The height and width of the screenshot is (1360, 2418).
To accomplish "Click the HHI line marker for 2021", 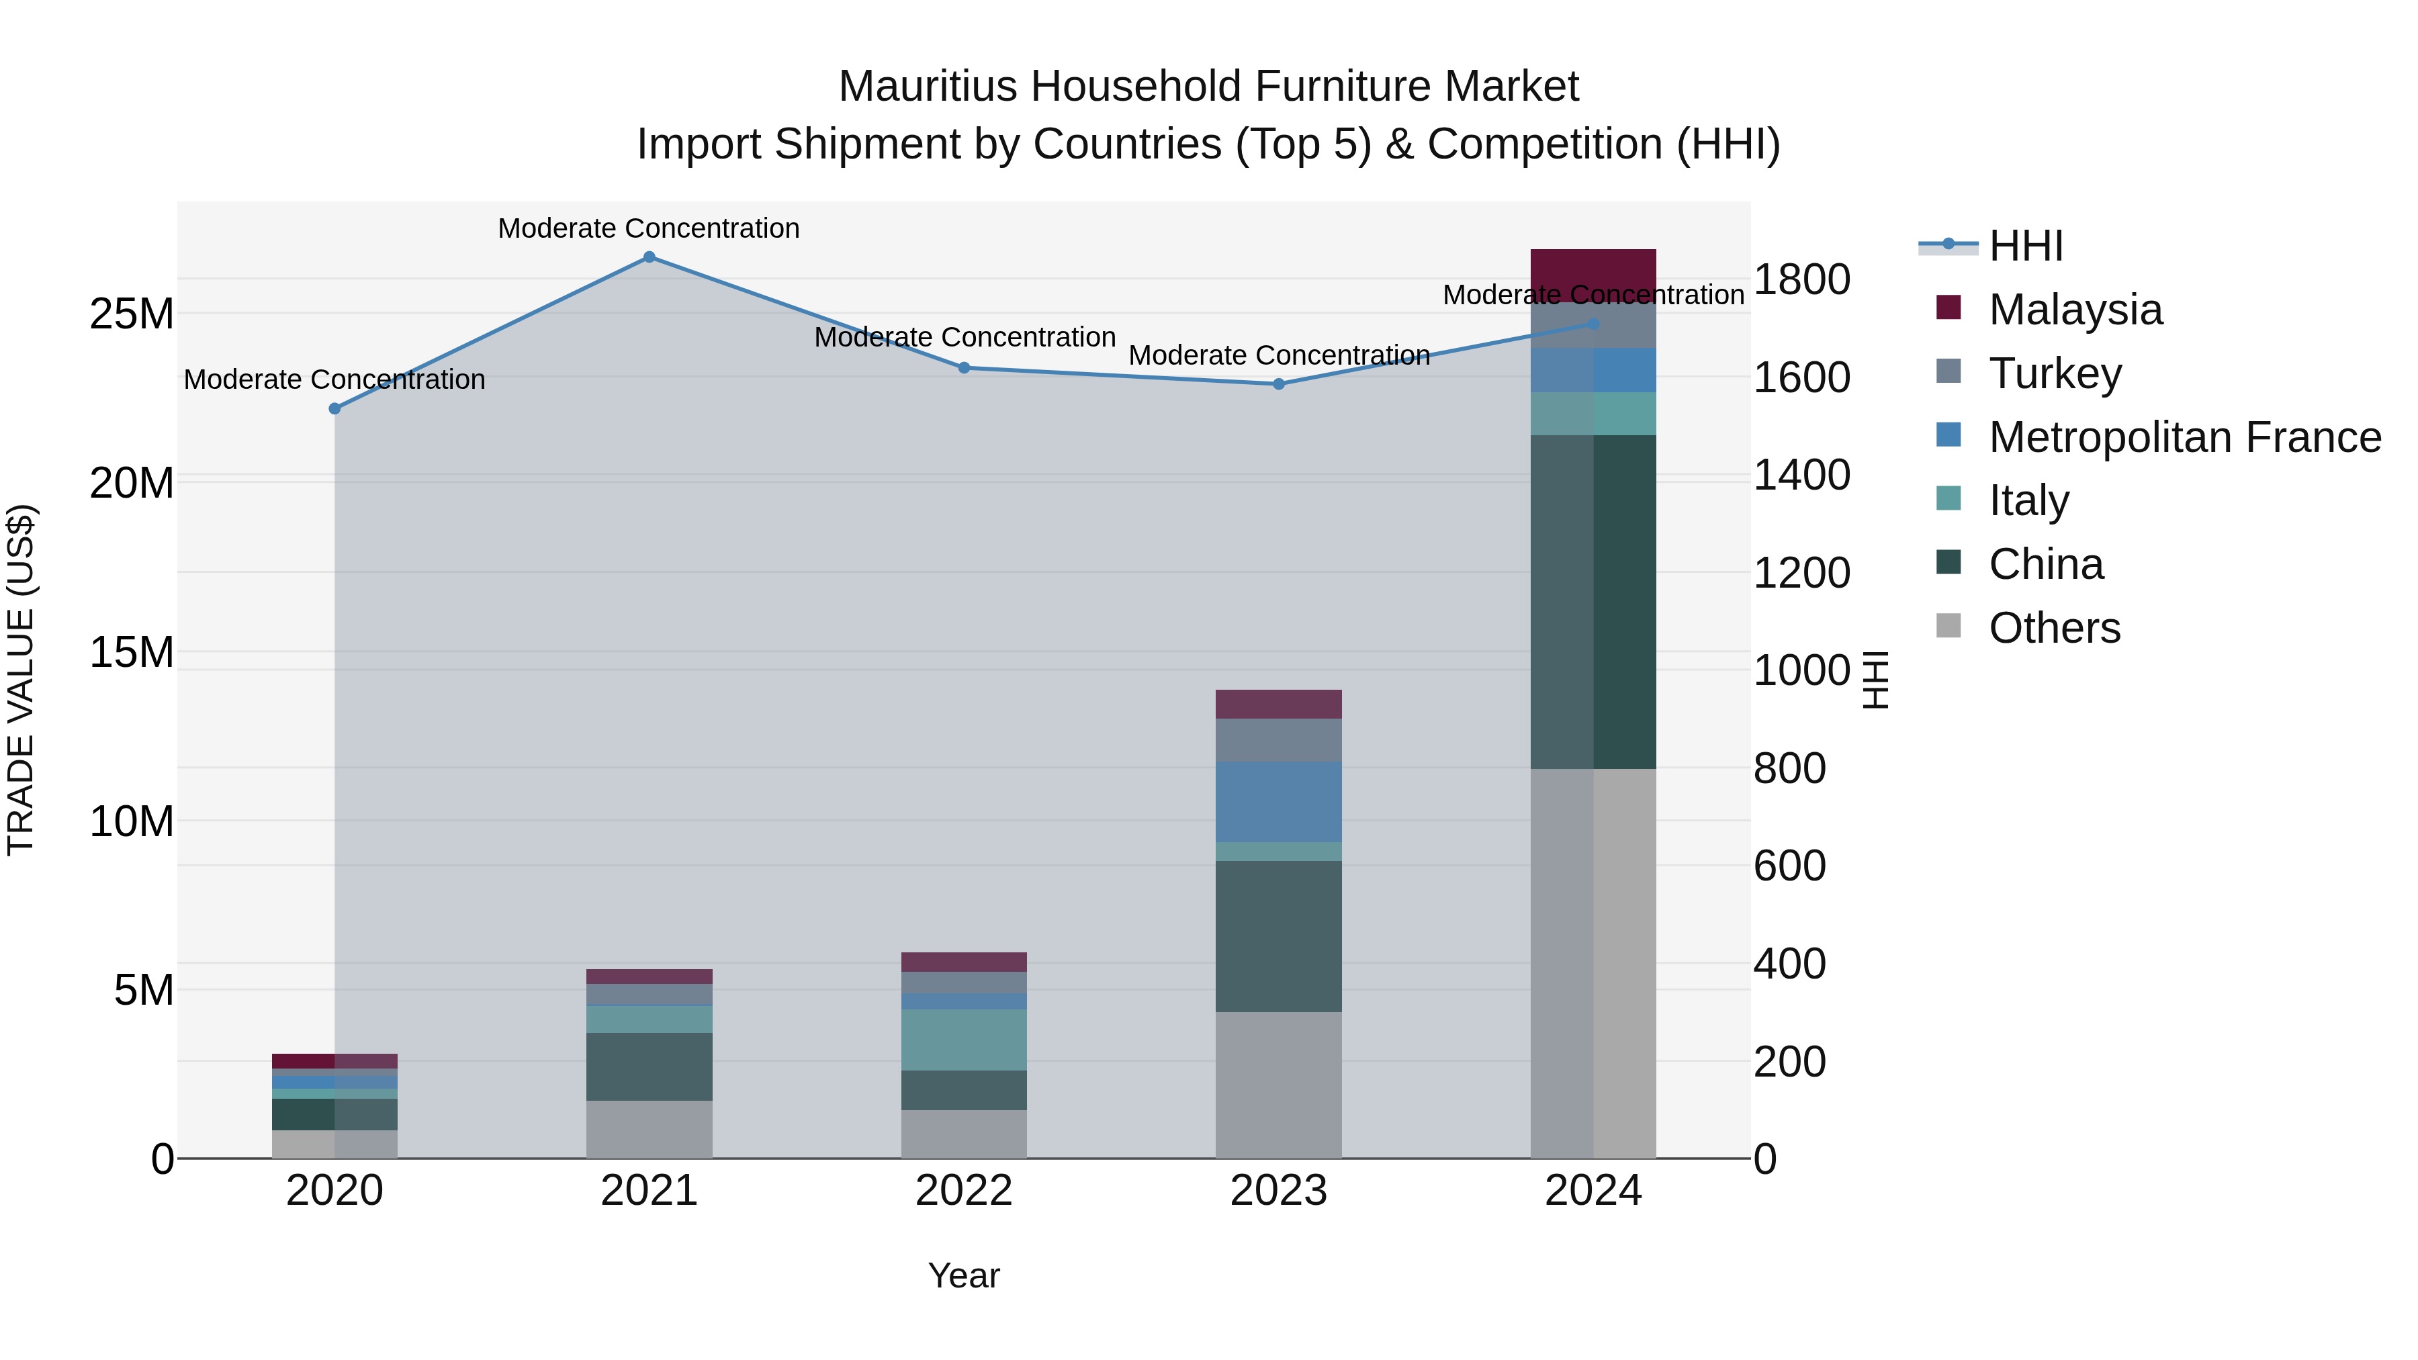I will tap(649, 257).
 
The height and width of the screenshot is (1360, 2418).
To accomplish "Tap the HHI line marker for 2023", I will tap(1278, 384).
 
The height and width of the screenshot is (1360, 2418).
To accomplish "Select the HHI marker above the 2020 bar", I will tap(334, 408).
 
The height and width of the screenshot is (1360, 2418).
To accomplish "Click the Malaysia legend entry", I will tap(2075, 310).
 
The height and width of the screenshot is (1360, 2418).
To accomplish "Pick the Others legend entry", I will tap(2054, 628).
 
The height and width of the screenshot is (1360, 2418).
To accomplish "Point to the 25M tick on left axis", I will tap(132, 314).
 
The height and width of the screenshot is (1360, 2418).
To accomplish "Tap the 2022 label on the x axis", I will tap(963, 1191).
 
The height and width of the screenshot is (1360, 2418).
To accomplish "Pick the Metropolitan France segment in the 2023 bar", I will tap(1278, 803).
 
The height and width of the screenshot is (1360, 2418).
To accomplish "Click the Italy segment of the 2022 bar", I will tap(963, 1040).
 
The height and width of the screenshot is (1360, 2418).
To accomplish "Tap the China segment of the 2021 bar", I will tap(649, 1067).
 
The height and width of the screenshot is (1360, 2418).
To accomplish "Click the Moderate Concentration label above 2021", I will tap(649, 228).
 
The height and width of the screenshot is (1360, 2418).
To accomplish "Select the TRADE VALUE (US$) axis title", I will tap(21, 680).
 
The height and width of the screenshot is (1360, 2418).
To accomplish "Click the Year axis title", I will tap(963, 1275).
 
